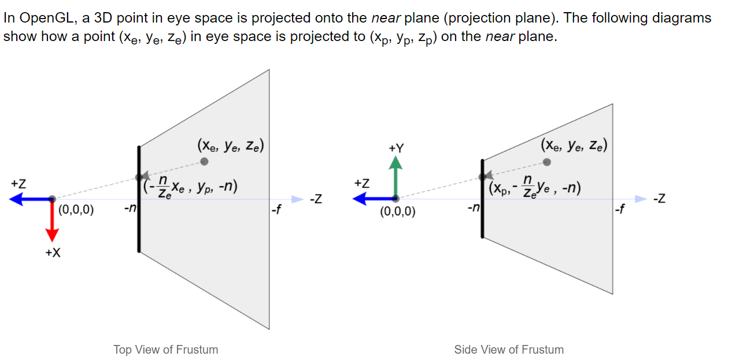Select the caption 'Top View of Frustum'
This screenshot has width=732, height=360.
point(166,350)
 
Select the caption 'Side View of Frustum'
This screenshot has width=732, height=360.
point(509,350)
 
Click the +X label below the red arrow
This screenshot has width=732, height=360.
point(52,253)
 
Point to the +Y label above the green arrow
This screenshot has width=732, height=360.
point(396,149)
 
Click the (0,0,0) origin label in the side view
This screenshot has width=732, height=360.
point(397,211)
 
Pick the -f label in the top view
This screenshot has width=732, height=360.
point(276,209)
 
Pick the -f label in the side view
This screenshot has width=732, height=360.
point(620,209)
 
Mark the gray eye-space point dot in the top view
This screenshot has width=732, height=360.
point(204,161)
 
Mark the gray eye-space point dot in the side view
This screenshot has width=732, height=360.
point(547,162)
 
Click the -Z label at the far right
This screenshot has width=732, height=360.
point(659,200)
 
